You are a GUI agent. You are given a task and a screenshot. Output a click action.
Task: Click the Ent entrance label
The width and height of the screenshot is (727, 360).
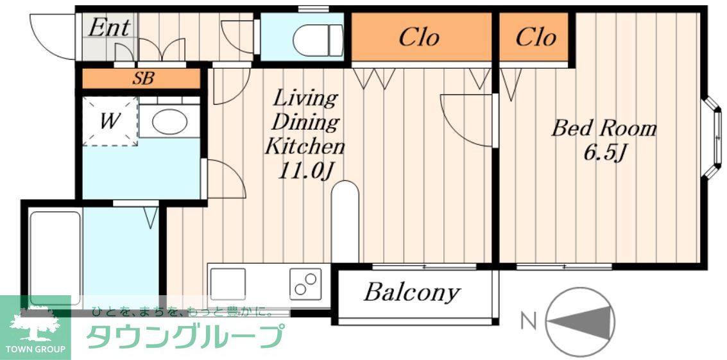(x=108, y=28)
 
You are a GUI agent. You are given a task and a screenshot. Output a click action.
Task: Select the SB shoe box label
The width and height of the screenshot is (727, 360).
(x=143, y=79)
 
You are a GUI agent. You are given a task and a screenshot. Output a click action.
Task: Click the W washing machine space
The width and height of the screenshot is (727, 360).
(x=110, y=121)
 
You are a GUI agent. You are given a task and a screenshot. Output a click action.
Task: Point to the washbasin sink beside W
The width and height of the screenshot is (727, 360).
(x=169, y=121)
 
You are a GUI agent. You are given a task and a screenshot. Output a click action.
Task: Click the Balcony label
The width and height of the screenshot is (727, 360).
(x=411, y=293)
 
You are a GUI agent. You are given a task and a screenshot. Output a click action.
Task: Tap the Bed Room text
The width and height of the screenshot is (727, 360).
(x=604, y=128)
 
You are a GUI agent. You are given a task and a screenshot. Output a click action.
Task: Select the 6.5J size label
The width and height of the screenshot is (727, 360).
(x=604, y=155)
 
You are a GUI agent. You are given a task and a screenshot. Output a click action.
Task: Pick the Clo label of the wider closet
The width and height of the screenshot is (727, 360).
(x=419, y=37)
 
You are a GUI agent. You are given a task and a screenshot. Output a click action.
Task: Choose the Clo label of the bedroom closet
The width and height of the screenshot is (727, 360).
(x=535, y=37)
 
